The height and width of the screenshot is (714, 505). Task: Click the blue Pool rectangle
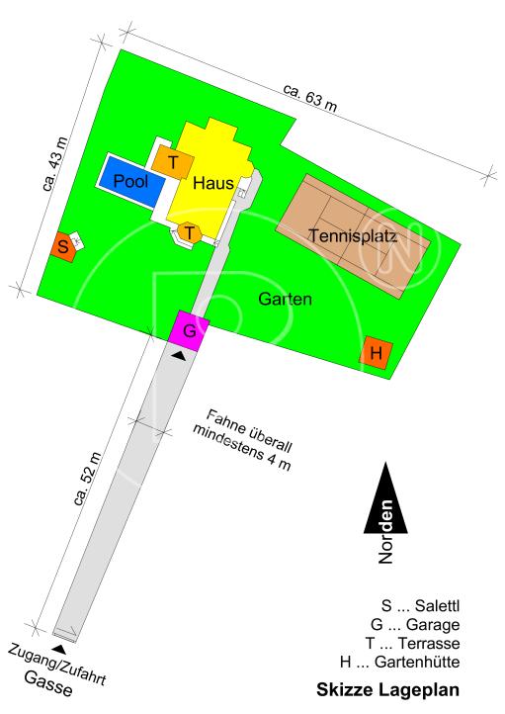(129, 182)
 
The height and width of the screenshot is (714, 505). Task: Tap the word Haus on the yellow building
(211, 183)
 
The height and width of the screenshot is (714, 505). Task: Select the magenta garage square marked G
(190, 330)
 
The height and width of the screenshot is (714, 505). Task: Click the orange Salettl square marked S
(62, 246)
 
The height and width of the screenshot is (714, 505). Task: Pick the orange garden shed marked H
(376, 352)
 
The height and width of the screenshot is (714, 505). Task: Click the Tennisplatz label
(353, 236)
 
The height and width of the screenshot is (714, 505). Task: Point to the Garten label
(286, 298)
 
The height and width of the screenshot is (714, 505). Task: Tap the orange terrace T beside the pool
(173, 162)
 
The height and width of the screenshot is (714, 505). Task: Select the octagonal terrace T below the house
(190, 233)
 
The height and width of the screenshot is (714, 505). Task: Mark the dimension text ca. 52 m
(87, 479)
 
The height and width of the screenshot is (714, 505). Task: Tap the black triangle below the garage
(177, 355)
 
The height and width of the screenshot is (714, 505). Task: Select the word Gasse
(48, 684)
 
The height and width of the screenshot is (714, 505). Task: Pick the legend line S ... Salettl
(414, 605)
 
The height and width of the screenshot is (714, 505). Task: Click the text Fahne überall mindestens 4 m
(244, 438)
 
